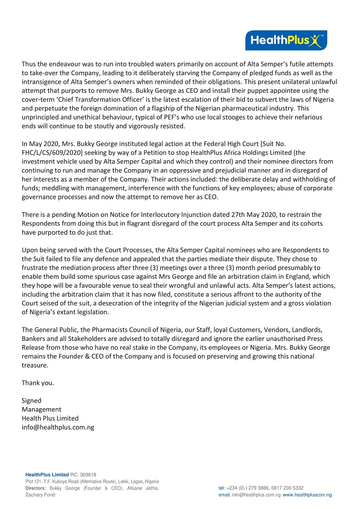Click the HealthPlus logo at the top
(x=286, y=40)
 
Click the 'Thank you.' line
(x=37, y=383)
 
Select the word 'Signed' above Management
(x=31, y=400)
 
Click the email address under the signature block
(x=58, y=427)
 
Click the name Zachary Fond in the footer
(x=40, y=495)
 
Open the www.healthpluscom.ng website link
(x=307, y=495)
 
